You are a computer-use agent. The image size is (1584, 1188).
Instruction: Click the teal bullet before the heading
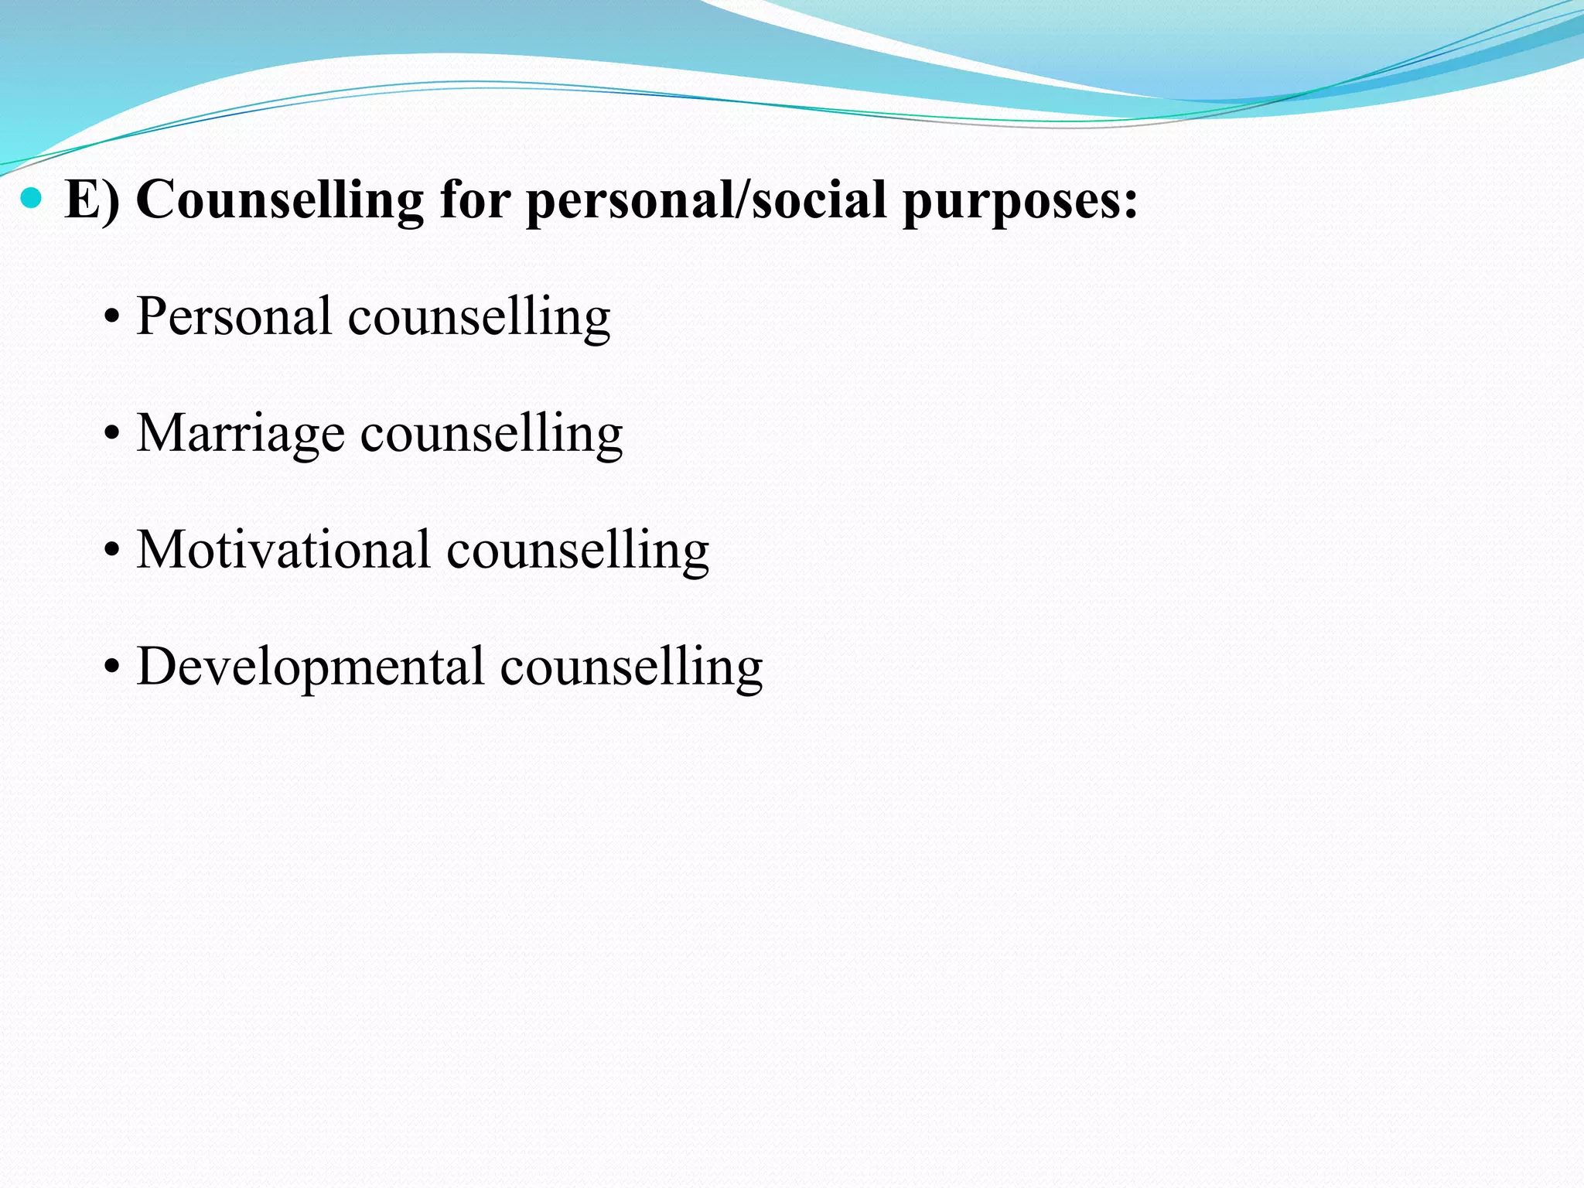32,200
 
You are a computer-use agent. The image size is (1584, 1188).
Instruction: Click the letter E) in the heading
92,200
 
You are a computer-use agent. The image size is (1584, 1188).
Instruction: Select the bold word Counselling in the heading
279,200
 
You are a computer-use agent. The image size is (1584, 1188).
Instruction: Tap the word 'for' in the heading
475,200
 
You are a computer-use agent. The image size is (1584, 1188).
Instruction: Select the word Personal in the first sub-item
234,316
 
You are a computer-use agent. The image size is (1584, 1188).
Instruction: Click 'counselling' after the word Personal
479,317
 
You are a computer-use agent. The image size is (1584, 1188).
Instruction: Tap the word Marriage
240,434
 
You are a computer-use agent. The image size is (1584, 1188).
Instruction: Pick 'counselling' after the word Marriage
491,433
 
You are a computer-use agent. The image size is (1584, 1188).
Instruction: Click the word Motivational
283,550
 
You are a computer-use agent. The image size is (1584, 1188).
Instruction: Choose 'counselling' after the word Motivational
577,550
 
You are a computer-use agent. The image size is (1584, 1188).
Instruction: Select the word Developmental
310,667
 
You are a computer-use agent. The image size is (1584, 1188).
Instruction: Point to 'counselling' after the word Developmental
631,667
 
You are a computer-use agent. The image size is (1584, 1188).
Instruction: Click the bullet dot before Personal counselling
113,318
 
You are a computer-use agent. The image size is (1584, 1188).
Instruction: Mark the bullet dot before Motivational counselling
113,551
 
